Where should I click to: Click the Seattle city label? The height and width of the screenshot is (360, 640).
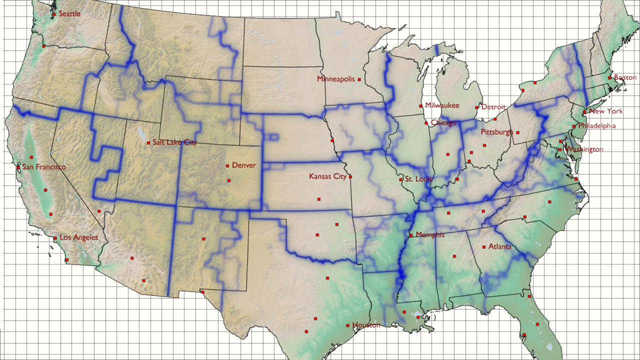pos(69,14)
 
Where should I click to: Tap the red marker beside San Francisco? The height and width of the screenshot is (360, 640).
pos(18,167)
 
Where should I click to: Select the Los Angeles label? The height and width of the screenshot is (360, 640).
pos(79,237)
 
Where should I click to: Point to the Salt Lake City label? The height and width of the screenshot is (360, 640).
pos(175,142)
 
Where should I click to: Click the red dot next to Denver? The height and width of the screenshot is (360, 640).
pos(227,165)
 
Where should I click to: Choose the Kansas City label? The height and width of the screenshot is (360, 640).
pos(327,176)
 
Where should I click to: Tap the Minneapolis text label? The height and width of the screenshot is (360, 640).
pos(335,79)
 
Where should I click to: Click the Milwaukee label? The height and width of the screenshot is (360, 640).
pos(442,105)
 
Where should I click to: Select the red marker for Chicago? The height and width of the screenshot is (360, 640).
pos(426,122)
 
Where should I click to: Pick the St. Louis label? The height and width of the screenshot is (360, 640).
pos(418,179)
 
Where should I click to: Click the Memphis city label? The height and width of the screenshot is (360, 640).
pos(429,235)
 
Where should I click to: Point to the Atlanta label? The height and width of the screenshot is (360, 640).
pos(499,247)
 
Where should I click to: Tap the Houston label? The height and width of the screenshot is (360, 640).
pos(366,325)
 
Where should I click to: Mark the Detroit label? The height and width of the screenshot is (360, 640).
pos(493,107)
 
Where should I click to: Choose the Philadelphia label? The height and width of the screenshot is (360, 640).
pos(596,126)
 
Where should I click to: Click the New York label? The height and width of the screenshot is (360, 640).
pos(605,111)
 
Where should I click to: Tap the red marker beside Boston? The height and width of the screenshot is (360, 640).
pos(609,77)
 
